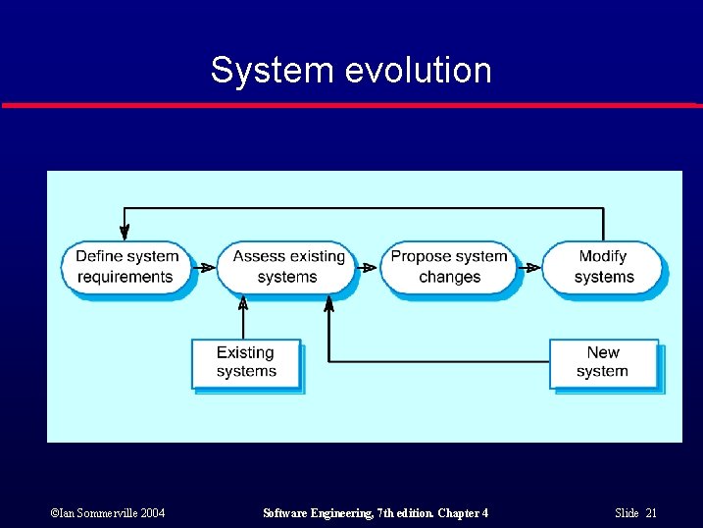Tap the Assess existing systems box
[287, 267]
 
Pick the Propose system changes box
[448, 267]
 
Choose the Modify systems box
[602, 267]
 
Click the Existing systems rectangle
[245, 363]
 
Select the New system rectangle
[603, 363]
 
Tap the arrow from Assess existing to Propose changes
[367, 267]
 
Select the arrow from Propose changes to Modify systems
[529, 267]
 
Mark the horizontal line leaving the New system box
[441, 362]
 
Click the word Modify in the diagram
[602, 256]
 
